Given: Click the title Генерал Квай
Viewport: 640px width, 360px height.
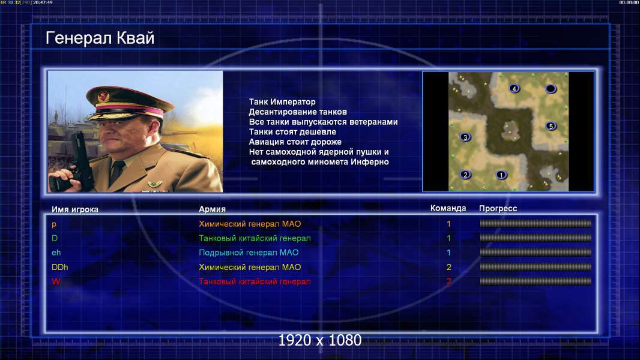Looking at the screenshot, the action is pyautogui.click(x=100, y=38).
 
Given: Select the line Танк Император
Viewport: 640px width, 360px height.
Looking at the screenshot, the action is pyautogui.click(x=282, y=101).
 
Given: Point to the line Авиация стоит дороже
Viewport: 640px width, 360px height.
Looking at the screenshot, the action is pyautogui.click(x=295, y=142).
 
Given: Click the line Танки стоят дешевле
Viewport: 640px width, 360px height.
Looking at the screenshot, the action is pyautogui.click(x=292, y=131).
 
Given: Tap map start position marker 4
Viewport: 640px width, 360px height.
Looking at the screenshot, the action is pyautogui.click(x=515, y=88).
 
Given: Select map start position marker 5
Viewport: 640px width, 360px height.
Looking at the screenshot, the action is pyautogui.click(x=551, y=126).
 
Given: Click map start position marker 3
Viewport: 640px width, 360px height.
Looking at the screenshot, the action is pyautogui.click(x=465, y=137).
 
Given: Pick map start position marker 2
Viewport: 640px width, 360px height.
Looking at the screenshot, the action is pyautogui.click(x=465, y=175).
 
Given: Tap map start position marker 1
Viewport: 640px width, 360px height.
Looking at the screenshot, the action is pyautogui.click(x=501, y=175).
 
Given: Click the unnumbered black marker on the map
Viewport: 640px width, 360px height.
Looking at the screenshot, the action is pyautogui.click(x=551, y=88).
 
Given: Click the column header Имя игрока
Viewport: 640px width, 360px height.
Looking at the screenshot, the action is pyautogui.click(x=74, y=209).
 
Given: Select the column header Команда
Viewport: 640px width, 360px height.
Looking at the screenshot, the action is pyautogui.click(x=448, y=208).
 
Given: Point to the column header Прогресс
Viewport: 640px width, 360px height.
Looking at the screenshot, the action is pyautogui.click(x=498, y=209).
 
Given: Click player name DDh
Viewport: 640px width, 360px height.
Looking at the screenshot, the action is pyautogui.click(x=59, y=267).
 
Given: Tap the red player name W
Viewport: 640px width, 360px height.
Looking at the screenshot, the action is pyautogui.click(x=56, y=281).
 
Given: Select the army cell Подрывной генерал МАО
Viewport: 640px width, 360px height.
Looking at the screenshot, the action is pyautogui.click(x=249, y=253).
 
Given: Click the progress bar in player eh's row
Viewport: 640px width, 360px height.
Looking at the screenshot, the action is pyautogui.click(x=536, y=253).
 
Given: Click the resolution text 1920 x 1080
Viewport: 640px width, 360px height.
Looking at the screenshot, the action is pyautogui.click(x=319, y=340).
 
